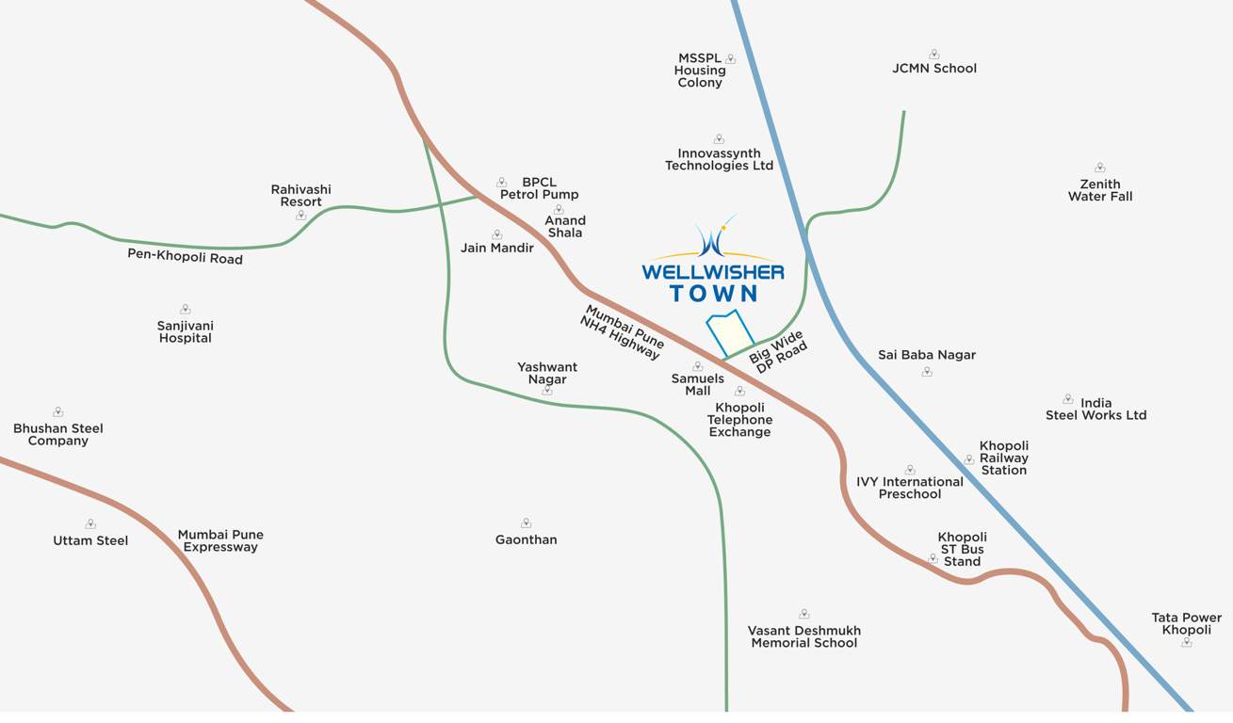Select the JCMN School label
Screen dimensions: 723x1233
tap(934, 68)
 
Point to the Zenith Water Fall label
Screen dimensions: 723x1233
tap(1100, 190)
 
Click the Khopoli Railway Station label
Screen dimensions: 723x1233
tap(1004, 458)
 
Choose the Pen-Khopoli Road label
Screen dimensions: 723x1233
tap(185, 256)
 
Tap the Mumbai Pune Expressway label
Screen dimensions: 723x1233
tap(220, 540)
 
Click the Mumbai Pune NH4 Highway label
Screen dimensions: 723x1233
tap(622, 331)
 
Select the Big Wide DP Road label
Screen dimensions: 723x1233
tap(779, 352)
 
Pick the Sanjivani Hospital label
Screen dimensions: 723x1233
tap(186, 331)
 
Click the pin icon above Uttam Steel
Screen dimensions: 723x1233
tap(90, 524)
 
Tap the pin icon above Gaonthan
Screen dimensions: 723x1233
tap(526, 523)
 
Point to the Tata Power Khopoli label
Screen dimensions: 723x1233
tap(1186, 623)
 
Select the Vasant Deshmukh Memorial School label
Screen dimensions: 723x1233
tap(803, 636)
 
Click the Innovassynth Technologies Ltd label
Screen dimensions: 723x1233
tap(719, 159)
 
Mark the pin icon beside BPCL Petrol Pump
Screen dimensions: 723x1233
tap(501, 183)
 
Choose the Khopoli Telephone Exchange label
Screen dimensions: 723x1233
tap(739, 420)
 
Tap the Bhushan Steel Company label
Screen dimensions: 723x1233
tap(58, 434)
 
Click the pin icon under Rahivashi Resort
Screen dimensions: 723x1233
tap(301, 216)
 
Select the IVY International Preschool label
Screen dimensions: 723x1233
tap(910, 488)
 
